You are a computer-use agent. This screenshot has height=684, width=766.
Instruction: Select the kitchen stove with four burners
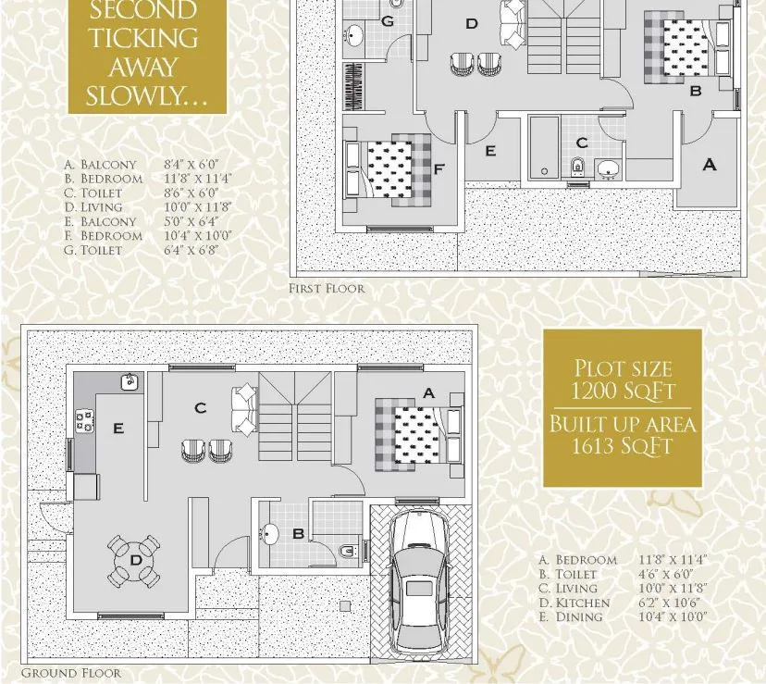coord(85,421)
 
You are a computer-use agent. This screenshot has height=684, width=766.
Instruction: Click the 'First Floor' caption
coord(327,289)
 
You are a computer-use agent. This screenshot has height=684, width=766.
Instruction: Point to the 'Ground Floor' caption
coord(70,673)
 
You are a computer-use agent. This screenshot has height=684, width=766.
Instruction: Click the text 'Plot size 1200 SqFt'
coord(624,379)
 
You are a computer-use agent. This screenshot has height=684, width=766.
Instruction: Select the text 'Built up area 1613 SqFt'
coord(623,436)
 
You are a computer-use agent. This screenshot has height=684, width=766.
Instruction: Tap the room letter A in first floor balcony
coord(710,165)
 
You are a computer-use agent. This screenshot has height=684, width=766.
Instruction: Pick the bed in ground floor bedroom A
coord(416,432)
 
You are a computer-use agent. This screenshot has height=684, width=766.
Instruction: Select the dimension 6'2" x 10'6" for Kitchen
coord(673,603)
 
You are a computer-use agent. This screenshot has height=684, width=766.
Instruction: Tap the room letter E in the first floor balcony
coord(490,151)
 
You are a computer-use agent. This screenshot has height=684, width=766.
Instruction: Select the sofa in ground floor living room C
coord(245,408)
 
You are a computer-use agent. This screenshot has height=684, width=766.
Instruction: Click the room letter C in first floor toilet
coord(581,143)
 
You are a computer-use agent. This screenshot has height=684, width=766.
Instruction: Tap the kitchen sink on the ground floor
coord(130,380)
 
